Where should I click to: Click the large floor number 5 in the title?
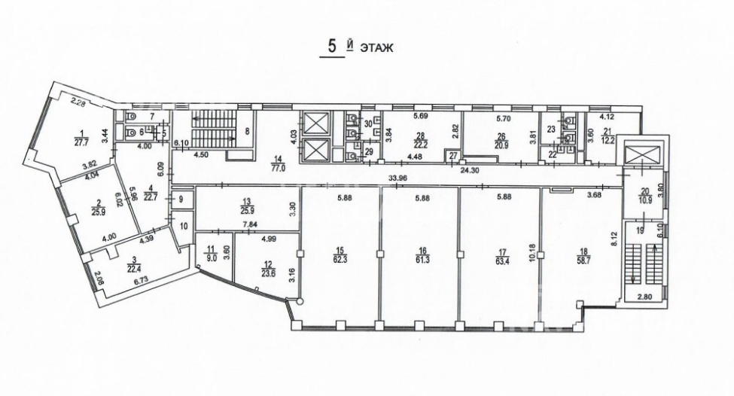(332, 46)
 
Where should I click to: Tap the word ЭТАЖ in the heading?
(376, 47)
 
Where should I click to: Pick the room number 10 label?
(184, 227)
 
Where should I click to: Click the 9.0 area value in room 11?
(209, 257)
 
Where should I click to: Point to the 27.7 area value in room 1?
(82, 141)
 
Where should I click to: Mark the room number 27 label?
(452, 156)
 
